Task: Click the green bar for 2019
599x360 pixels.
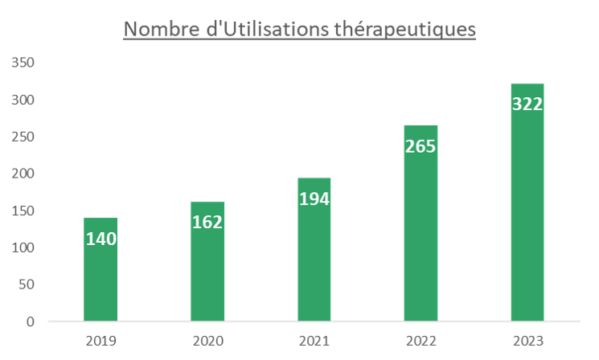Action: point(101,281)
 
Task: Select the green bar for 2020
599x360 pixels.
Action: point(207,273)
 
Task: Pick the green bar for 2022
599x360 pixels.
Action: point(421,241)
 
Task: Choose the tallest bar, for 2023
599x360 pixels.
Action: point(527,217)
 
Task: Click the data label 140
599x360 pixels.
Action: point(101,239)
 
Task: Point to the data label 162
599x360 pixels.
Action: point(207,222)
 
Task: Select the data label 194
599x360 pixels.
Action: point(314,198)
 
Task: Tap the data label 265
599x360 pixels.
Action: point(421,146)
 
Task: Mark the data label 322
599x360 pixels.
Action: point(527,104)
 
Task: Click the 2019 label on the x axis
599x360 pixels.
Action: point(101,341)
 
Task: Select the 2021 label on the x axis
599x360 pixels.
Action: point(314,341)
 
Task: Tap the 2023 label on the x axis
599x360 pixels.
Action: point(527,341)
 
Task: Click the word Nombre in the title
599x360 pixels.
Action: point(158,30)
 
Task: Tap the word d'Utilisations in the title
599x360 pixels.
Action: point(266,30)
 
